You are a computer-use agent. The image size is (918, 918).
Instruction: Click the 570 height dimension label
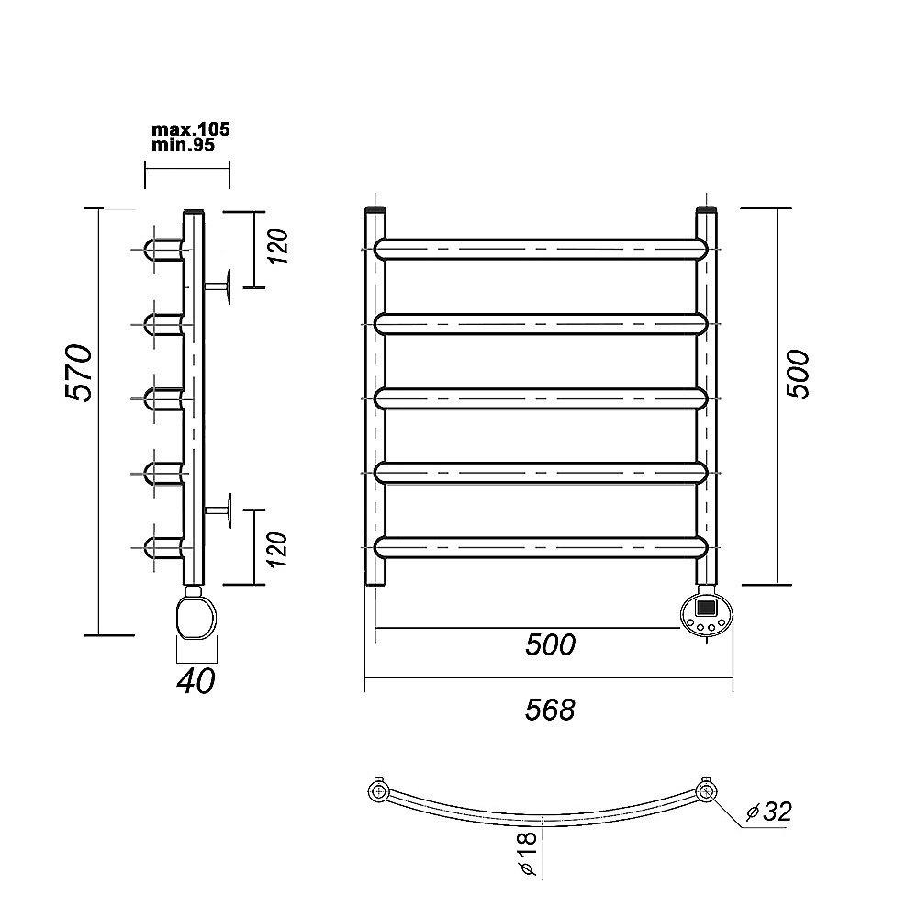(x=78, y=373)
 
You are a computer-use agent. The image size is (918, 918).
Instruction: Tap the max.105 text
(x=191, y=129)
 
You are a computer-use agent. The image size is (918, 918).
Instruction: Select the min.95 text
(x=184, y=145)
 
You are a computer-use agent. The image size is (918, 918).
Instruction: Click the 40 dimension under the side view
(x=196, y=681)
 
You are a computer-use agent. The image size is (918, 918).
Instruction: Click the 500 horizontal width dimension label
(x=550, y=644)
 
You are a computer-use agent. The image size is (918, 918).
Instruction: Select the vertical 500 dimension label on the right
(x=798, y=375)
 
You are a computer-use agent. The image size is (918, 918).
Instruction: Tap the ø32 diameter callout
(x=769, y=812)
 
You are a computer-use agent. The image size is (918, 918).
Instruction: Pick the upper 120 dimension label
(x=279, y=246)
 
